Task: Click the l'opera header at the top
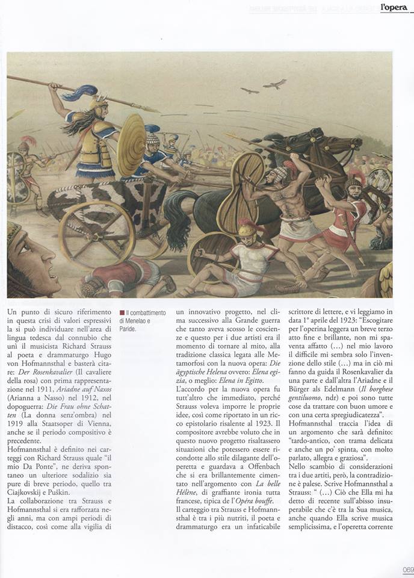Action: click(x=395, y=8)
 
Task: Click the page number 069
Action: click(x=407, y=571)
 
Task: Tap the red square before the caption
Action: click(x=122, y=313)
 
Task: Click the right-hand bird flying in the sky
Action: click(x=275, y=84)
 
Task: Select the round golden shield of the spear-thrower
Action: click(x=131, y=144)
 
